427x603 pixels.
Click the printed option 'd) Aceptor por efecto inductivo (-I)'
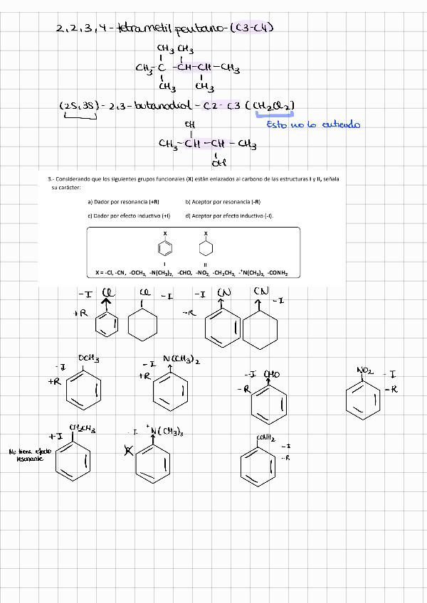coord(230,215)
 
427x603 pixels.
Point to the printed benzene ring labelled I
coord(164,249)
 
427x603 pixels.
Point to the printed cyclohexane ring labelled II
coord(206,249)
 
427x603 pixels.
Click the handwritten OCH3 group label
coord(88,358)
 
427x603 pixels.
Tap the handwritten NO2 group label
coord(365,370)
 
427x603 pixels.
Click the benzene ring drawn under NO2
coord(363,400)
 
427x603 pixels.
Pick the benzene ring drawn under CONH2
coord(258,466)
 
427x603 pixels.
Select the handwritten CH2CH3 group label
coord(83,428)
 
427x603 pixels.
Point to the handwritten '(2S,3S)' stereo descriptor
coord(79,107)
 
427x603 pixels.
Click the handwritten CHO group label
coord(271,373)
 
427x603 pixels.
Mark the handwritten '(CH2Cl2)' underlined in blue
coord(270,107)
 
